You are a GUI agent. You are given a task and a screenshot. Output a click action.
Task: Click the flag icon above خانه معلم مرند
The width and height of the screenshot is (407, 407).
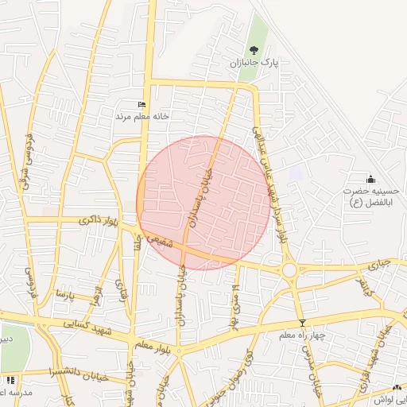click(x=142, y=105)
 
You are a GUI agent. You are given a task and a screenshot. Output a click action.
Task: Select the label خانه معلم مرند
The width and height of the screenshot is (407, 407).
click(x=144, y=116)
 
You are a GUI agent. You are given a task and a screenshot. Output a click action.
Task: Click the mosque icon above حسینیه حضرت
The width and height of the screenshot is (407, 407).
click(x=370, y=178)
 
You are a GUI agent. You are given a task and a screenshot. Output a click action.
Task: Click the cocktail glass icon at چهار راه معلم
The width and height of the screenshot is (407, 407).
click(x=301, y=323)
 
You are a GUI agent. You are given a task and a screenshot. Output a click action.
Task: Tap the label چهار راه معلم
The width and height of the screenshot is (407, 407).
click(x=302, y=335)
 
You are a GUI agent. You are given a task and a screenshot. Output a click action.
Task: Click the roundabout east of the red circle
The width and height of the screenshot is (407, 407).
click(x=289, y=270)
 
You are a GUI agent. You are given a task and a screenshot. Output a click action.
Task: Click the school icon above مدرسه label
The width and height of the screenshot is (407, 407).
click(x=9, y=380)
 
